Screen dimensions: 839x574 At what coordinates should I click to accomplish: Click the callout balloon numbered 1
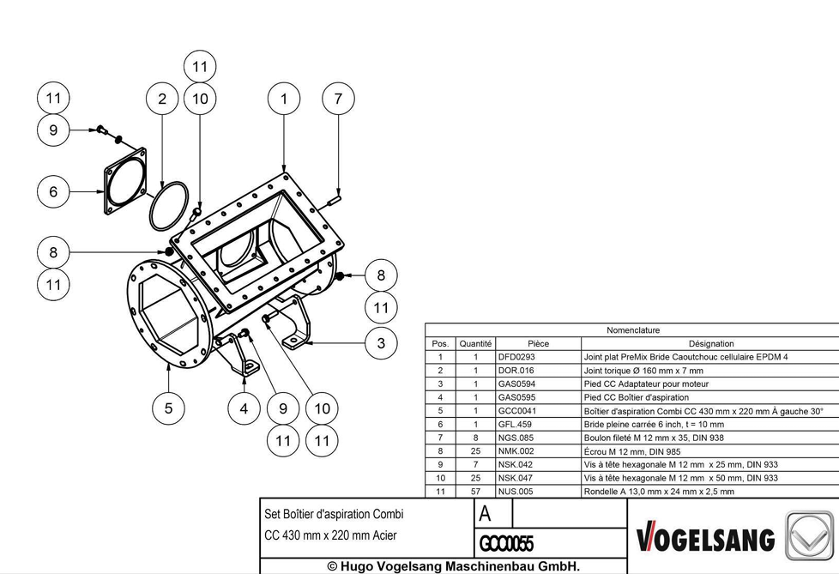(x=284, y=99)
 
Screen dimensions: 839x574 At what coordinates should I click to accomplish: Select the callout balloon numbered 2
(x=162, y=99)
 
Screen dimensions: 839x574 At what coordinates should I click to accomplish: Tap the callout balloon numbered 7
(x=338, y=99)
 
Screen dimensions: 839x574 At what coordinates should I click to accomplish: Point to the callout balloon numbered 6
(x=53, y=191)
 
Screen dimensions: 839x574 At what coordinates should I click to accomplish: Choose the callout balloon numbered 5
(x=168, y=408)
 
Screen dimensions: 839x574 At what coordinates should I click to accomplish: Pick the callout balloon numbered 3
(x=381, y=343)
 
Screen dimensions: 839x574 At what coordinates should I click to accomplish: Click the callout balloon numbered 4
(x=244, y=408)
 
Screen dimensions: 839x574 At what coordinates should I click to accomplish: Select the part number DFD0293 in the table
(x=516, y=357)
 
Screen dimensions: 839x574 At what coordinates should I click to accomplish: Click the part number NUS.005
(x=516, y=491)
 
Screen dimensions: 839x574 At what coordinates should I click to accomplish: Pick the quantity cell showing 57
(x=475, y=491)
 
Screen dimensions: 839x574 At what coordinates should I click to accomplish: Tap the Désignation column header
(x=711, y=343)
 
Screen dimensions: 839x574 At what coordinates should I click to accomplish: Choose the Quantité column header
(x=475, y=343)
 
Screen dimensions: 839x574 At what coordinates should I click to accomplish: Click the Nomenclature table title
(x=633, y=330)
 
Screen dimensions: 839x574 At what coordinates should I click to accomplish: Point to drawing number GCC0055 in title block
(x=506, y=543)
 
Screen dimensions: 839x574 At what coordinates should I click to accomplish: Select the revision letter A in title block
(x=485, y=514)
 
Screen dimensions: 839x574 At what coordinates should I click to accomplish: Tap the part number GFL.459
(x=515, y=424)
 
